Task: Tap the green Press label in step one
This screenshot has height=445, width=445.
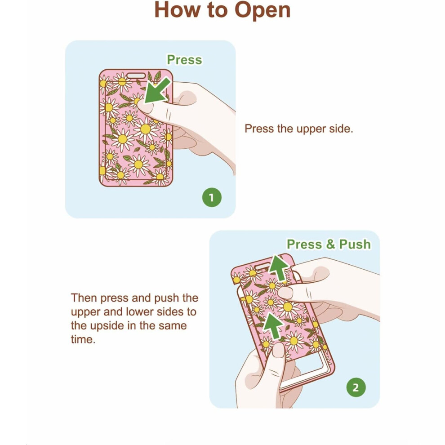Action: [184, 60]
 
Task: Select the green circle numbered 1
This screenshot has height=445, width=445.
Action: [212, 197]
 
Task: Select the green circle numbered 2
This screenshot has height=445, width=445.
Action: [356, 387]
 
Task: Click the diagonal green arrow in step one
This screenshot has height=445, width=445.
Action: [157, 91]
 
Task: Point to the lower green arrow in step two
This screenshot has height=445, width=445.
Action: [273, 326]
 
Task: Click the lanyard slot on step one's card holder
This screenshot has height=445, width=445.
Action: [136, 76]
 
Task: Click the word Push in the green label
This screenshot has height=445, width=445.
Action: [355, 245]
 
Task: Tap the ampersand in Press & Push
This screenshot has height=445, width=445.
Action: [330, 245]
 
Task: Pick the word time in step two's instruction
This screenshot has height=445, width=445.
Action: [83, 339]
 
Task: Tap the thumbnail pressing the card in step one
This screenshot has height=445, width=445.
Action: [144, 107]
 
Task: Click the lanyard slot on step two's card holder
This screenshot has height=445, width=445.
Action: [263, 267]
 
